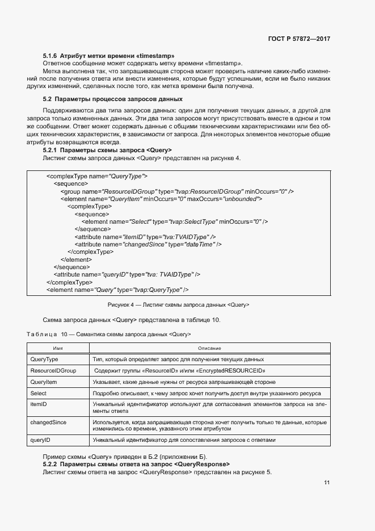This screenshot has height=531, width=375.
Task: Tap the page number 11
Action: coord(327,483)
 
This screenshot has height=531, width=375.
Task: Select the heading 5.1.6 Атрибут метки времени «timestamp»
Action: coord(108,56)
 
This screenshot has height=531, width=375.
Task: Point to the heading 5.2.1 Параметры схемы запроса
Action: coord(107,150)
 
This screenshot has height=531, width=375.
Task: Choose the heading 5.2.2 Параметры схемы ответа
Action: coord(136,465)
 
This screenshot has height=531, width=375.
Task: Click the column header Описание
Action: coord(209,348)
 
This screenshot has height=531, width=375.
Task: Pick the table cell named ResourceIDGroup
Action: coord(53,370)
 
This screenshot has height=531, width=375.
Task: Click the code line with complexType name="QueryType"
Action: coord(96,177)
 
